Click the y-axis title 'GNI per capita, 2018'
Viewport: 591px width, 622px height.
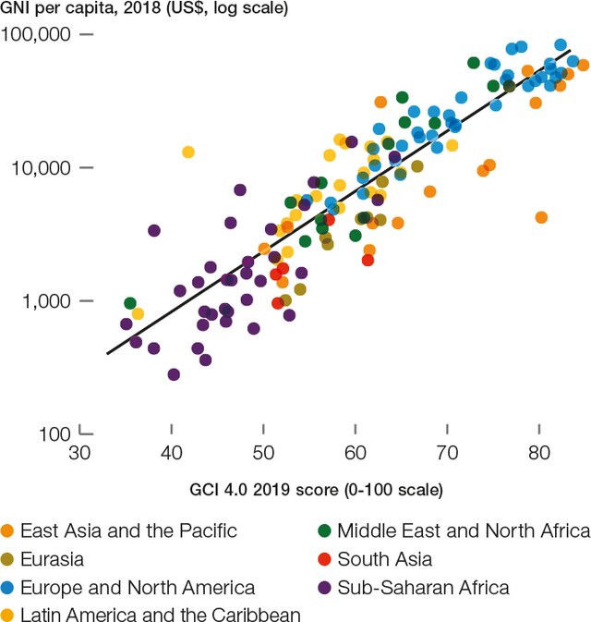coord(144,10)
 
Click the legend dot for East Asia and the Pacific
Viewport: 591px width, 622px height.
coord(8,531)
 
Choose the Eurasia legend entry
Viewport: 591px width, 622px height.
coord(52,559)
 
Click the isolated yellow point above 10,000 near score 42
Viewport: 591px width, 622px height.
coord(188,152)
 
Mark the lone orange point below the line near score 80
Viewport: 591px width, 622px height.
coord(541,217)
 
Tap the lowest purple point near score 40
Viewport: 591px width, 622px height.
coord(174,374)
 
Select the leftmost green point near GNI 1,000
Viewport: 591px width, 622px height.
coord(130,303)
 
